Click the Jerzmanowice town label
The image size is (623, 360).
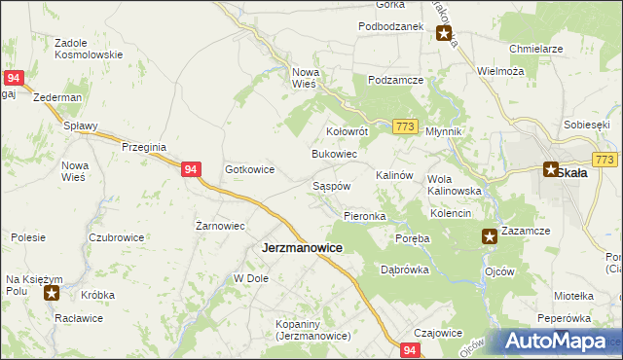(302, 248)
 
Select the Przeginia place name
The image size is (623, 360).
(146, 146)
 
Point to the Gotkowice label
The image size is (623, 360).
(250, 169)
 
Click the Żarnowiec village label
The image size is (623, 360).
(219, 226)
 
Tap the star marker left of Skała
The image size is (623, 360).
(551, 168)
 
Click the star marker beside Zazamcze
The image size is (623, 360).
(491, 234)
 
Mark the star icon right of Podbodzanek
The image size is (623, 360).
(444, 35)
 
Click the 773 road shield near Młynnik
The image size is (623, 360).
(407, 126)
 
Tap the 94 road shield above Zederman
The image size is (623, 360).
(14, 77)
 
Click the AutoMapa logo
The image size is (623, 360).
(559, 341)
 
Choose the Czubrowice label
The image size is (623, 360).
(116, 237)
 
